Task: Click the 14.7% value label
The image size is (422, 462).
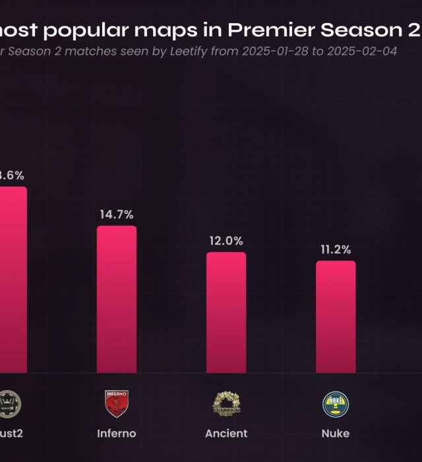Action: click(x=117, y=214)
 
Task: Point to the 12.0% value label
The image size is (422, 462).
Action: click(x=226, y=241)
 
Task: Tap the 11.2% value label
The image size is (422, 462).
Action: click(x=336, y=249)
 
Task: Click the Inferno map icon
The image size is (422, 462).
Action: click(x=117, y=404)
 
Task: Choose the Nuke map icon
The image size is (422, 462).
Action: click(x=336, y=404)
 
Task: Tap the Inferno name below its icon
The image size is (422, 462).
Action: click(x=117, y=434)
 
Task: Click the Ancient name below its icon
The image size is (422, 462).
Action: click(x=226, y=434)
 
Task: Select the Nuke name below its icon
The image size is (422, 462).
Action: click(x=336, y=434)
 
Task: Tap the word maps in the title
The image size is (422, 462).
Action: click(x=180, y=30)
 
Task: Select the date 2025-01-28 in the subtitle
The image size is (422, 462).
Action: click(x=273, y=51)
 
